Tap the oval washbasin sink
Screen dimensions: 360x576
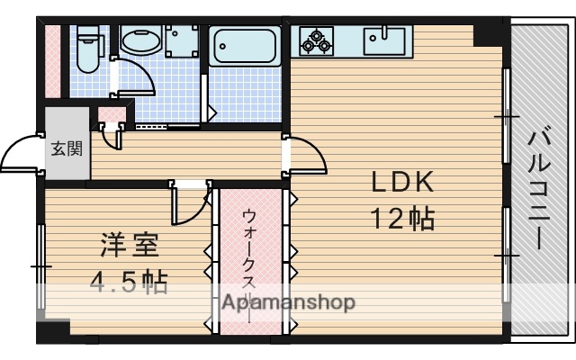[x=139, y=41]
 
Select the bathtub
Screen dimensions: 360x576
[x=244, y=46]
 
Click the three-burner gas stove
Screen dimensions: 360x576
[x=317, y=40]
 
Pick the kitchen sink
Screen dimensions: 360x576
[x=386, y=40]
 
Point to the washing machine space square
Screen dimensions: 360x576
[x=182, y=40]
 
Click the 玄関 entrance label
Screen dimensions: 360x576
[x=66, y=148]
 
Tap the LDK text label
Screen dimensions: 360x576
[x=404, y=183]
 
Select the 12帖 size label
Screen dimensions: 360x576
[x=402, y=218]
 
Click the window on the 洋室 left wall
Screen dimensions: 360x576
[x=40, y=267]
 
